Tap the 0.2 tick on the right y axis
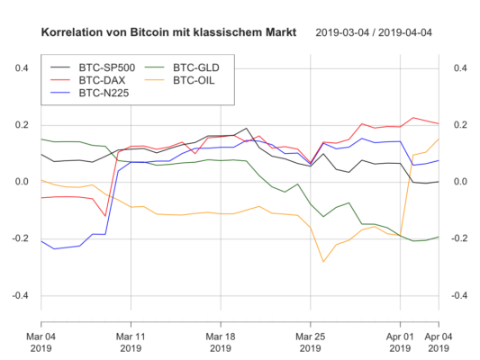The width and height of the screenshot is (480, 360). pyautogui.click(x=457, y=125)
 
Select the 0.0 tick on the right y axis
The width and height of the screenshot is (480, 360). pyautogui.click(x=457, y=182)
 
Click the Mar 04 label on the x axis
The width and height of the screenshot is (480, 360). pyautogui.click(x=41, y=337)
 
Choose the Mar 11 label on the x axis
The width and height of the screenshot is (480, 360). pyautogui.click(x=131, y=337)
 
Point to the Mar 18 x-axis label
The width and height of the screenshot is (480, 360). pyautogui.click(x=222, y=337)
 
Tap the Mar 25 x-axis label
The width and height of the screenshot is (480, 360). pyautogui.click(x=311, y=337)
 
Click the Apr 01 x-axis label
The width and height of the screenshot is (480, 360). pyautogui.click(x=401, y=337)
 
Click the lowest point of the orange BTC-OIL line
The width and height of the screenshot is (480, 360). pyautogui.click(x=323, y=262)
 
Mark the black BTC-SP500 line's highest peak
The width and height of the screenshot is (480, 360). pyautogui.click(x=247, y=129)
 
